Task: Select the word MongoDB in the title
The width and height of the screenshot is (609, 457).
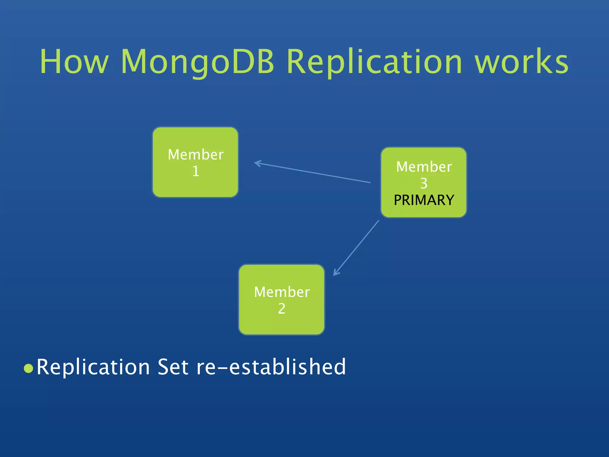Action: pos(197,62)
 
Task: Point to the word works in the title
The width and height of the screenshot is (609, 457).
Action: pos(521,62)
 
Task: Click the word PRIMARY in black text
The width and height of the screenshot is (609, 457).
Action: pos(424,200)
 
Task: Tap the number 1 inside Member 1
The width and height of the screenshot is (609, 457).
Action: pos(196,171)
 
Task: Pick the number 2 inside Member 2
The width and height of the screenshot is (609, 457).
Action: pos(282,309)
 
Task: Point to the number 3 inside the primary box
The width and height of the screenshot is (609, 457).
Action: pos(424,183)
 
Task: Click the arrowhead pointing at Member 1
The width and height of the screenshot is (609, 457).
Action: pos(257,163)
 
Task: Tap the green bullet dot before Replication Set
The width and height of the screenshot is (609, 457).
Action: pos(28,368)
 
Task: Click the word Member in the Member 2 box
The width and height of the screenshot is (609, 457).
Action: pos(282,292)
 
